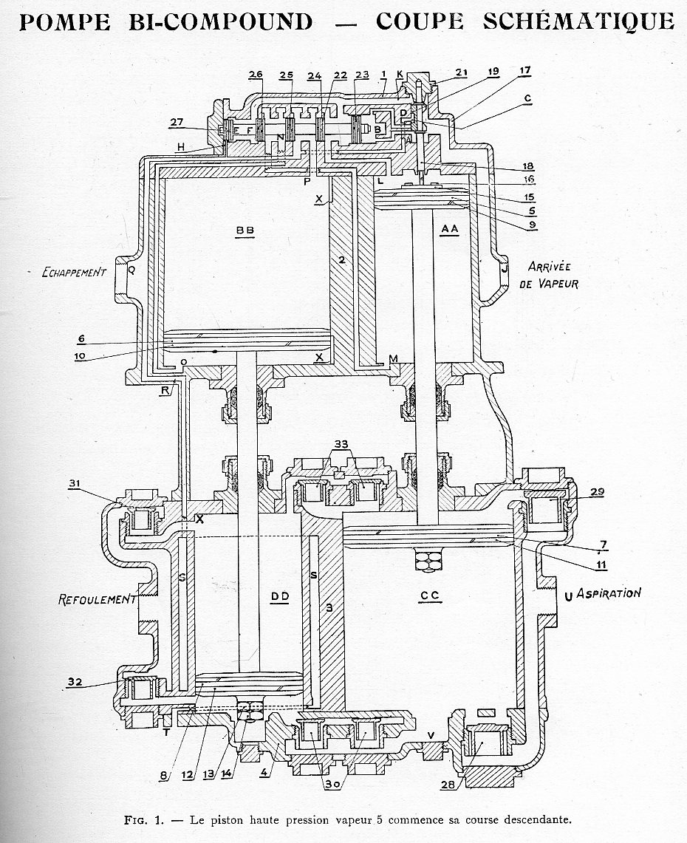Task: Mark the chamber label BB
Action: pyautogui.click(x=245, y=231)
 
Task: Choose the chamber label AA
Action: pyautogui.click(x=449, y=230)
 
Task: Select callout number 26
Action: pyautogui.click(x=256, y=75)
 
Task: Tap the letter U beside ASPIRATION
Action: pyautogui.click(x=567, y=594)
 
